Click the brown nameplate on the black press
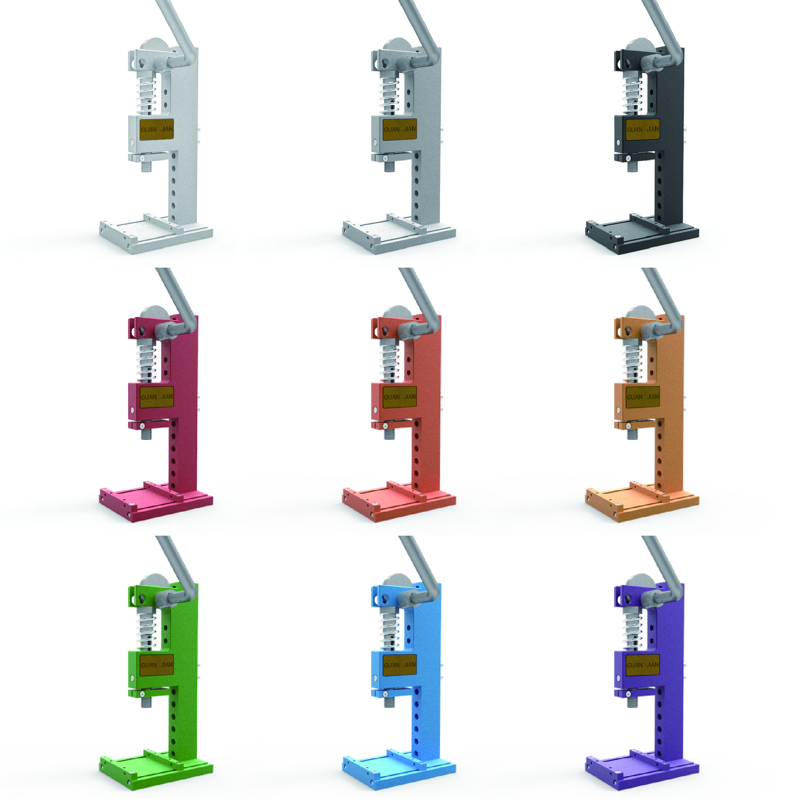click(643, 129)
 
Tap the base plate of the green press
click(156, 771)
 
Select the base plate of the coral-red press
click(399, 503)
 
